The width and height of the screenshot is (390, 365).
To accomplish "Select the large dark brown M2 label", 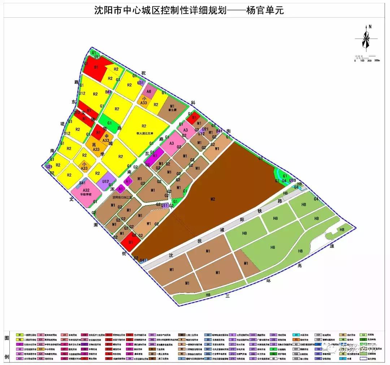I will [x=213, y=199].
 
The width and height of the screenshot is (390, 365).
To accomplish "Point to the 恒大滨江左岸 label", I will [x=143, y=132].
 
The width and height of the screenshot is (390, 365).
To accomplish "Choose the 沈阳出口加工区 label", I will [x=123, y=198].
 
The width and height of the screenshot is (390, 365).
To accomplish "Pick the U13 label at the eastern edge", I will [x=292, y=180].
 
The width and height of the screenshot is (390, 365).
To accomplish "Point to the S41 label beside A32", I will [x=82, y=183].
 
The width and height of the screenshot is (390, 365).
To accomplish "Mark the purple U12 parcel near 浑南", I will [x=106, y=181].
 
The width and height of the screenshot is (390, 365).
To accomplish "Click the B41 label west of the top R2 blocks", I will [x=108, y=92].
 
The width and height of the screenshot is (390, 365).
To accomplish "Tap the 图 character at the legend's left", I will [x=6, y=338].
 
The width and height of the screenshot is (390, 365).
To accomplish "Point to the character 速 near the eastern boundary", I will [x=332, y=246].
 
